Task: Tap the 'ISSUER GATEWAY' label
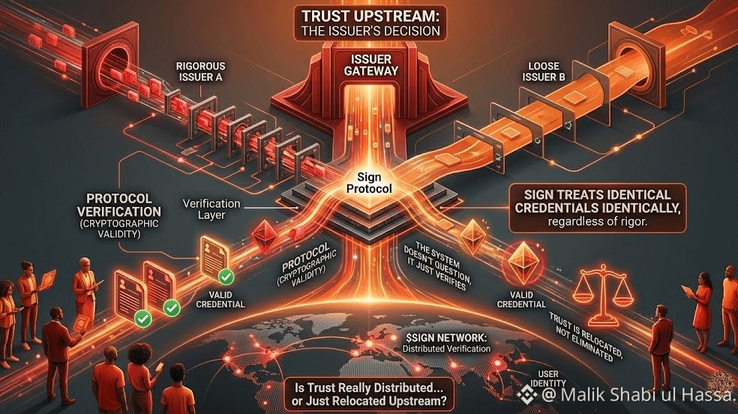[368, 65]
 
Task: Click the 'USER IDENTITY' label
[548, 379]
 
